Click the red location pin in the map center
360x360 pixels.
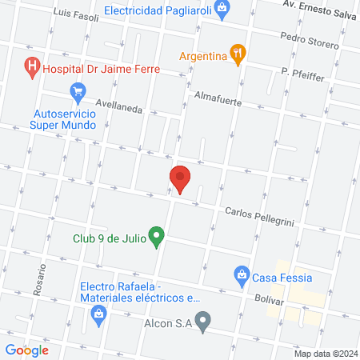(x=180, y=178)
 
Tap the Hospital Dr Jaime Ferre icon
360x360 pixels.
(x=32, y=68)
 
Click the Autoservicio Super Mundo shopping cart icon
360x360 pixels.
(x=78, y=93)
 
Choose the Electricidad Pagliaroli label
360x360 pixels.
(x=157, y=12)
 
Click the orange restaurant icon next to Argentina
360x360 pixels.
(x=238, y=54)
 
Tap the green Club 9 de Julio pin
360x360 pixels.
(x=158, y=237)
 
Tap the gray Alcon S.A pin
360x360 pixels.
(x=203, y=322)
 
